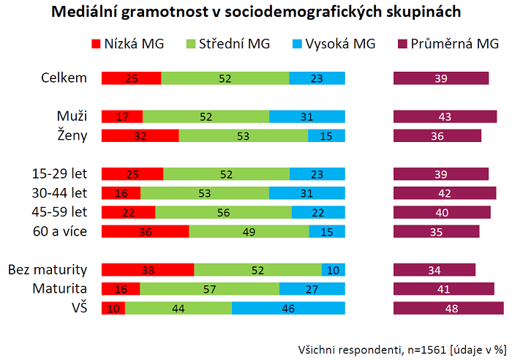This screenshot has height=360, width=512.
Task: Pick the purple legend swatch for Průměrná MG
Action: point(403,44)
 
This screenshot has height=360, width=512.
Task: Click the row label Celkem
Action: point(65,78)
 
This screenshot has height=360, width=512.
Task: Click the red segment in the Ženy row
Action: point(140,135)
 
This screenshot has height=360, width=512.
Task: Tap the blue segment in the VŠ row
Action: point(288,308)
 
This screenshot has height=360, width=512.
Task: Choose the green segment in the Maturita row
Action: point(209,289)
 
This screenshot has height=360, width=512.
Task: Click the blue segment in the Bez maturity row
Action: point(333,269)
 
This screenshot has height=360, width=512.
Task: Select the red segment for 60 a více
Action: point(145,231)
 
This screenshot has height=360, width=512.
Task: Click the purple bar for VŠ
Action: point(448,308)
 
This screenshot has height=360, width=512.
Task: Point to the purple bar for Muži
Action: point(445,116)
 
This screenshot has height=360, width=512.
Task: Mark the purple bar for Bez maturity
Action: point(434,269)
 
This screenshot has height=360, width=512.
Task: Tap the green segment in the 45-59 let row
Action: point(223,212)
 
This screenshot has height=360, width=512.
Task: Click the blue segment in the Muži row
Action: point(306,116)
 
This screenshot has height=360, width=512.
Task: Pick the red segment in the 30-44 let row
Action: point(121,193)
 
